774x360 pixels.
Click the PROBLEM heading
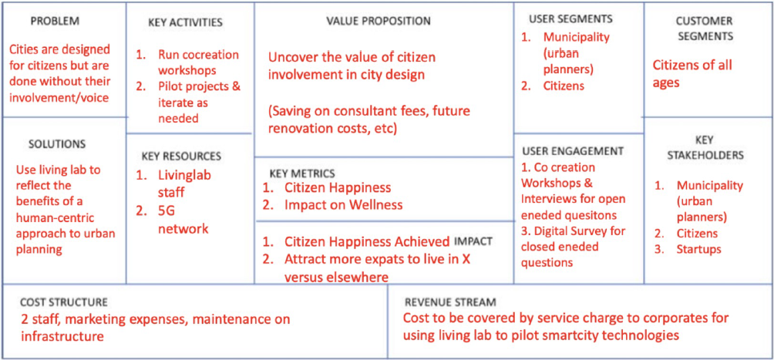(x=55, y=21)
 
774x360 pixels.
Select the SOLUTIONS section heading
(x=57, y=143)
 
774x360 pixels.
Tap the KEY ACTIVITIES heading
(x=185, y=22)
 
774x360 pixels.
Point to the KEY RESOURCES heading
(x=180, y=156)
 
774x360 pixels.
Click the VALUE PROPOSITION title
(x=379, y=21)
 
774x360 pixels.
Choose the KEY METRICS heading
(x=303, y=173)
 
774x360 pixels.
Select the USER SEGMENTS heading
(x=570, y=19)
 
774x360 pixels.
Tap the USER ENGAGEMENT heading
(x=573, y=150)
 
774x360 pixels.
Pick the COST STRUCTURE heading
(x=64, y=301)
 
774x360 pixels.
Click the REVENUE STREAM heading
(x=450, y=302)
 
